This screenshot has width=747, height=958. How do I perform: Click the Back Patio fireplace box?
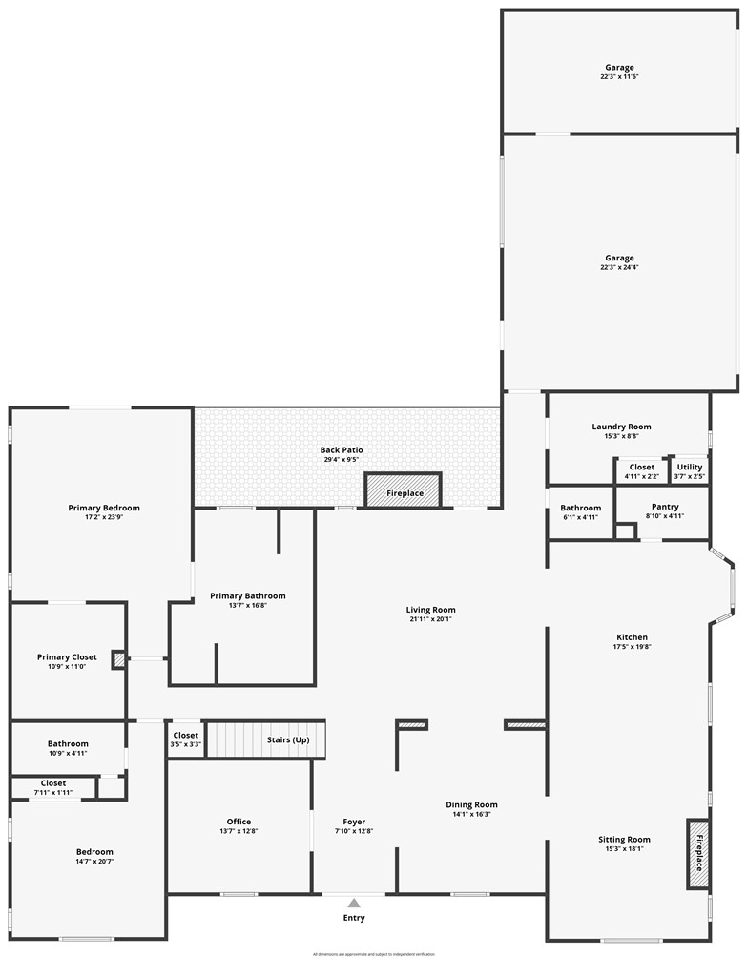tap(403, 491)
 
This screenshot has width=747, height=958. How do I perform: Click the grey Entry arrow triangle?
tap(354, 903)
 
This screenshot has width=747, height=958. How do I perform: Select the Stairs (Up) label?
tap(287, 739)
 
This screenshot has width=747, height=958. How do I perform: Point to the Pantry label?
tap(664, 507)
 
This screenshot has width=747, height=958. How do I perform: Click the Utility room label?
tap(690, 468)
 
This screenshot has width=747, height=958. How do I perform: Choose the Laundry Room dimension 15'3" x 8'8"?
tap(621, 437)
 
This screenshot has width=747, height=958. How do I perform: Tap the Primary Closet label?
tap(67, 656)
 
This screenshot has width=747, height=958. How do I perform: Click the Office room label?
tap(239, 822)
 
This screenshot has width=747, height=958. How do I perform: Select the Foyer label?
tap(354, 822)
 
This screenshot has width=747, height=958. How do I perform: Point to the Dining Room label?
tap(472, 804)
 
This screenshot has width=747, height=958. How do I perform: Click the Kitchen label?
tap(632, 637)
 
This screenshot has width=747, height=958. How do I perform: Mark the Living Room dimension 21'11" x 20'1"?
tap(431, 619)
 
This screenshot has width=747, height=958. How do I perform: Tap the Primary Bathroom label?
tap(248, 596)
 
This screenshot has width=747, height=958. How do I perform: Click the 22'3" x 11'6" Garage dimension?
tap(619, 76)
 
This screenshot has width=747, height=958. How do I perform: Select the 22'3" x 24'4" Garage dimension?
tap(619, 268)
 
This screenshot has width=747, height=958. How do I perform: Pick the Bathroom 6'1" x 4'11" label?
tap(581, 508)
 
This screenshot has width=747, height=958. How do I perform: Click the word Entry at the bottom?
tap(354, 918)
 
